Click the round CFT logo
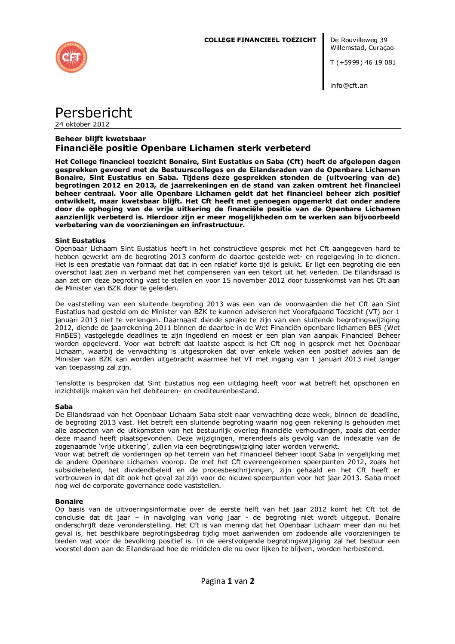click(x=71, y=57)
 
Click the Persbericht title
click(x=93, y=113)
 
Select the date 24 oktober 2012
click(x=82, y=124)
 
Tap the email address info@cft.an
click(x=349, y=86)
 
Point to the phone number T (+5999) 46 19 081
click(x=363, y=62)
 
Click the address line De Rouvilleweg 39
click(x=359, y=40)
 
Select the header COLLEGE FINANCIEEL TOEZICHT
click(x=260, y=40)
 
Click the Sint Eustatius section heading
click(x=80, y=241)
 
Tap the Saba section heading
click(x=64, y=407)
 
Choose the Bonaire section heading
click(x=69, y=502)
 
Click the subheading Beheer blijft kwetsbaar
click(x=100, y=139)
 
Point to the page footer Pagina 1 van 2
click(x=227, y=581)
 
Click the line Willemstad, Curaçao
click(x=362, y=48)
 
